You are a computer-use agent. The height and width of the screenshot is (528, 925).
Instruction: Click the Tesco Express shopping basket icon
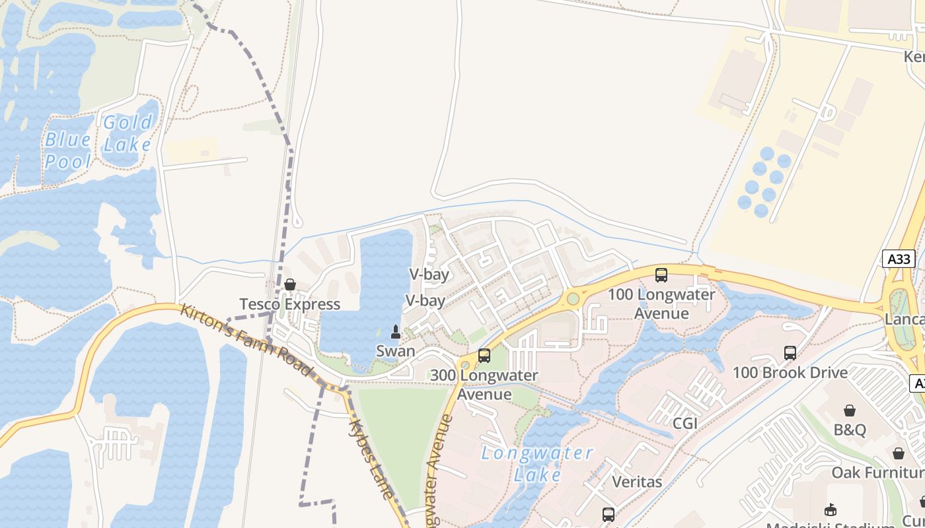point(289,284)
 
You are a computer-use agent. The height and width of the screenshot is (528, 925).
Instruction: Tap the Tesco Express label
point(289,304)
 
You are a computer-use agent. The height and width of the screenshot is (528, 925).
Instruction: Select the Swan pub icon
point(396,331)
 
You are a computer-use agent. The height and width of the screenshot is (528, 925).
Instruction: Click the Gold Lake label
point(128,133)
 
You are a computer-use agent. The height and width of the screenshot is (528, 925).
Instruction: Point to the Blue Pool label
point(68,150)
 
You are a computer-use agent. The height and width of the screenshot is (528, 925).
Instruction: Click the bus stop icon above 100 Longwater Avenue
point(661,275)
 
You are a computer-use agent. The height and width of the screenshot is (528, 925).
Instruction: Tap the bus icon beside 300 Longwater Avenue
point(484,356)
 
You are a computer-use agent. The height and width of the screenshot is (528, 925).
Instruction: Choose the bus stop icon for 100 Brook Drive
point(790,353)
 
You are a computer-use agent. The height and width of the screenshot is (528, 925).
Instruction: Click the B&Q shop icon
point(850,411)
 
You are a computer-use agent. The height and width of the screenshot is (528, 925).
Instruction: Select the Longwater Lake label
point(537,463)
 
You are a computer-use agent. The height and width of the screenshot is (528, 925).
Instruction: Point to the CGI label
point(684,423)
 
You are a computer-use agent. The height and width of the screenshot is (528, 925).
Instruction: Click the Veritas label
point(637,482)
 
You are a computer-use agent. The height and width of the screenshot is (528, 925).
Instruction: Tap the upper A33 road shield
point(899,259)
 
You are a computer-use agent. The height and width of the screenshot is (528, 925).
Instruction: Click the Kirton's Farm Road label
point(246,339)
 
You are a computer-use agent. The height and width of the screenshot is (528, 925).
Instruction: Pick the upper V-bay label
point(429,275)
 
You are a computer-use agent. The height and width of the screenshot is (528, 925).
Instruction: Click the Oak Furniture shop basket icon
point(899,453)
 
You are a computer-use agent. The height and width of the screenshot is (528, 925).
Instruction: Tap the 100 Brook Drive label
point(790,373)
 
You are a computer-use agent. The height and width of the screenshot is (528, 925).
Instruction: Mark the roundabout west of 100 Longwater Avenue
point(573,298)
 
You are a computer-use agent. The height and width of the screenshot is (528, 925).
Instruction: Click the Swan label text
point(395,351)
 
